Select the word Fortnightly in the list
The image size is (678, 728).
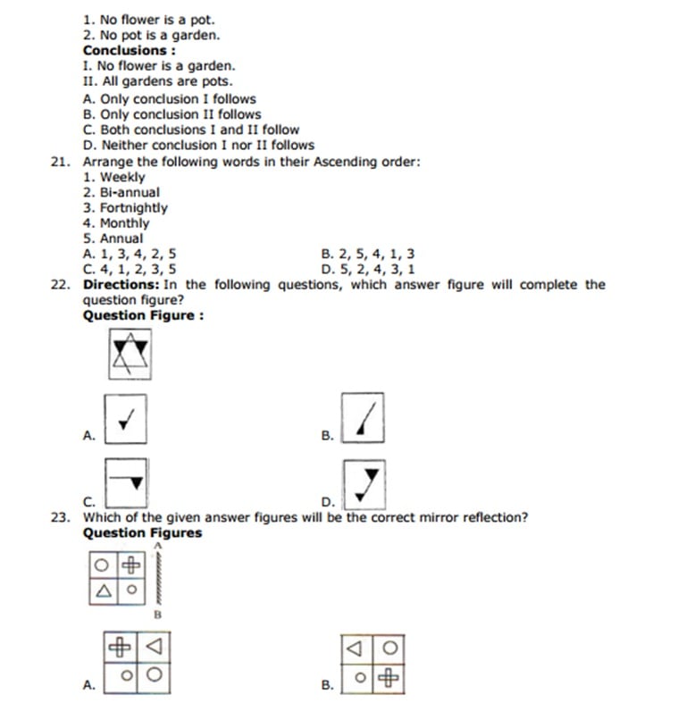click(133, 208)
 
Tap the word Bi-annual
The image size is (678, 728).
click(130, 192)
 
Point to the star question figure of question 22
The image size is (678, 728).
click(129, 355)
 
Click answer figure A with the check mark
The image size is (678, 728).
click(126, 418)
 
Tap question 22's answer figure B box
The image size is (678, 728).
click(364, 417)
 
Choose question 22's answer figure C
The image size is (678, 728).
click(126, 482)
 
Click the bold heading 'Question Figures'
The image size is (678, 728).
click(142, 533)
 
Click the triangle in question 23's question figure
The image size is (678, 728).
click(105, 590)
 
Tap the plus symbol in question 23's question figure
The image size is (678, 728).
click(131, 565)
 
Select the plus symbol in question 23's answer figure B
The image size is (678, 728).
click(388, 677)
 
